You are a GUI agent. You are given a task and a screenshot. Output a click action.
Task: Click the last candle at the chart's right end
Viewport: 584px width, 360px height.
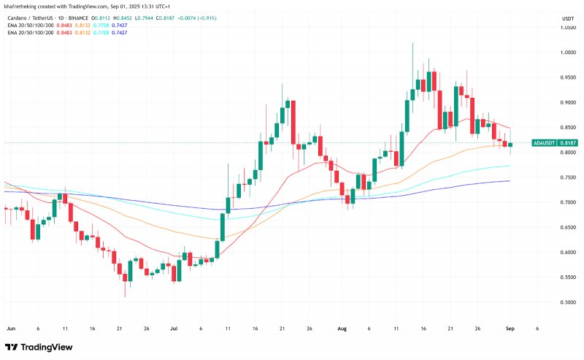coord(510,145)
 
